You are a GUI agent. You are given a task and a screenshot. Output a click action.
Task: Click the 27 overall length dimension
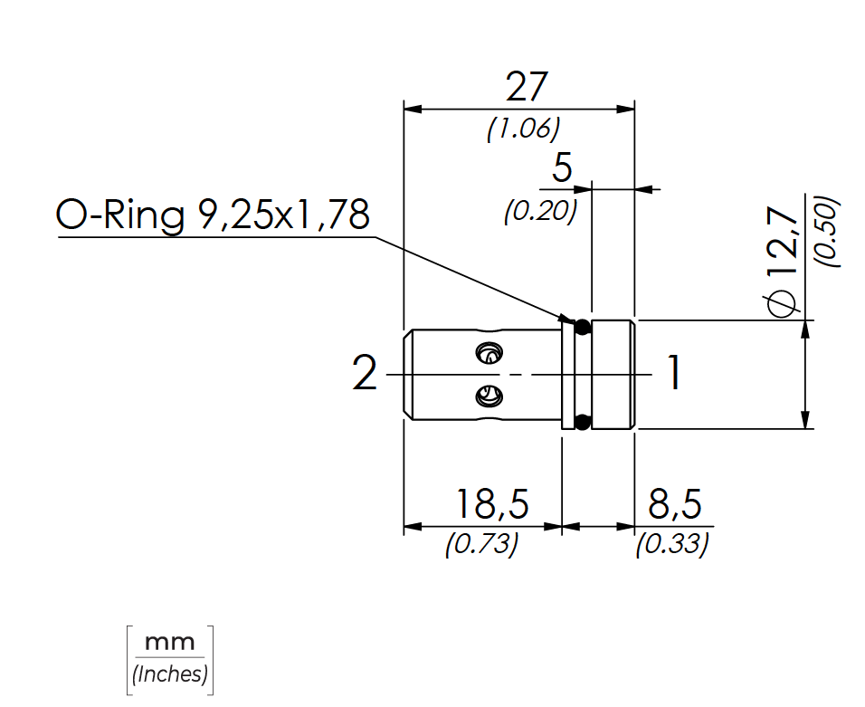527,87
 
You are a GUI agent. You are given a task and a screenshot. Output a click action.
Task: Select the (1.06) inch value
523,129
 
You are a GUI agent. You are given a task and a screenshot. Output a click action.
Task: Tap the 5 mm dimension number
562,167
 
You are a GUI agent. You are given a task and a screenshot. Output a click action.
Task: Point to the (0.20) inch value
541,210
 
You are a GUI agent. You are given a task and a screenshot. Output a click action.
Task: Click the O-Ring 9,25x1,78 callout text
213,215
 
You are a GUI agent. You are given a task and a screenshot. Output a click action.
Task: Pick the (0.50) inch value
828,232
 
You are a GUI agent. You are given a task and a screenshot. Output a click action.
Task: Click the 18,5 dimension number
492,503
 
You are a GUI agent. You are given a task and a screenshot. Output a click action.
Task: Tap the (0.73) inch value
481,544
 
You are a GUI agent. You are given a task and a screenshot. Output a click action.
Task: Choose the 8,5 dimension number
675,503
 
